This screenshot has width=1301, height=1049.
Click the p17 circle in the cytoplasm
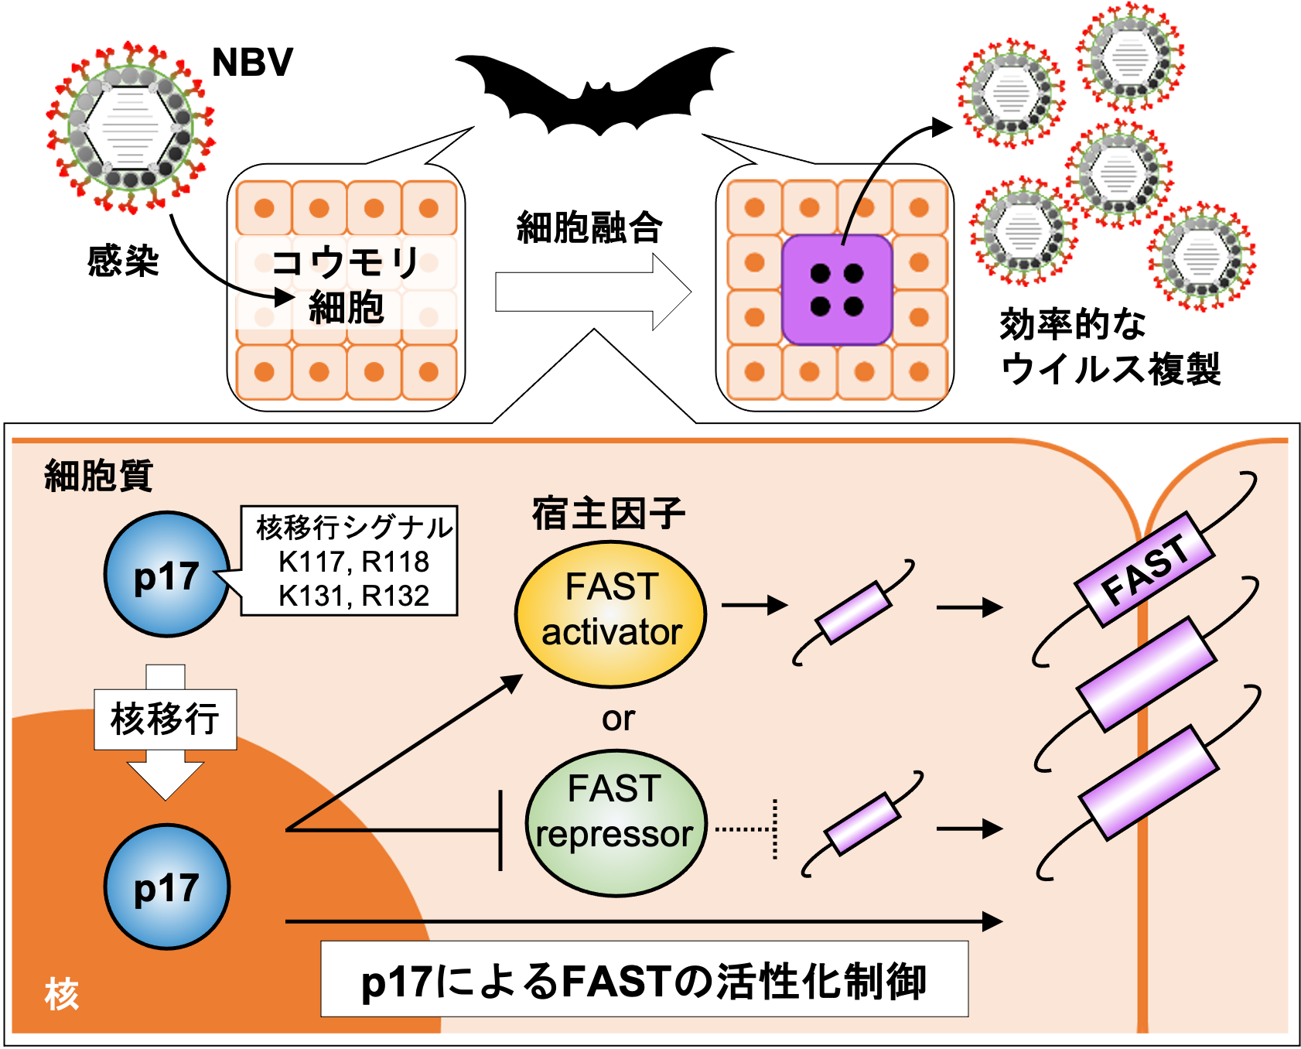[x=167, y=574]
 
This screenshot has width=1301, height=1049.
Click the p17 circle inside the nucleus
[x=167, y=887]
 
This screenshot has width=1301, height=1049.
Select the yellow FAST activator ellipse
[x=611, y=614]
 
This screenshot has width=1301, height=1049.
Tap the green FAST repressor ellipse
[x=616, y=823]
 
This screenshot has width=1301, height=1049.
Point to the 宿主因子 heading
[x=609, y=514]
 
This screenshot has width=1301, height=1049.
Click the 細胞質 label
[x=98, y=475]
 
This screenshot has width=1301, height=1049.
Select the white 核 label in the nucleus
[x=62, y=993]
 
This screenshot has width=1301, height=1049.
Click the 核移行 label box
[x=165, y=719]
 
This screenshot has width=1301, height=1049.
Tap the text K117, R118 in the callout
[x=353, y=562]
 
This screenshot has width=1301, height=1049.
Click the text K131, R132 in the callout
[x=353, y=596]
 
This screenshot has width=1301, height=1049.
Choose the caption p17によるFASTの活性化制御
[x=644, y=980]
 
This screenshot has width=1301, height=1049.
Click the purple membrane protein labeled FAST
[x=1145, y=569]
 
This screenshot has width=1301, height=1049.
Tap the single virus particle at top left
[x=130, y=128]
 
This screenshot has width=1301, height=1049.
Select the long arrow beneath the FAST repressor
[x=642, y=921]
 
